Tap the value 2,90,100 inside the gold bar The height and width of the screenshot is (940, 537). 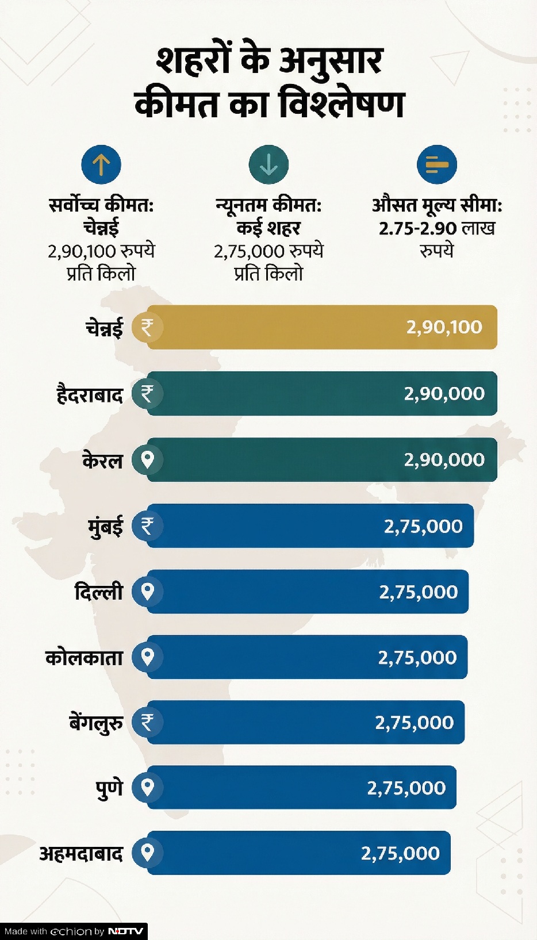tap(444, 327)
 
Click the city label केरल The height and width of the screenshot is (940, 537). tap(102, 461)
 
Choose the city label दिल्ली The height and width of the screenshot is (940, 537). tap(99, 592)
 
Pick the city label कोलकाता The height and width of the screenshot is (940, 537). tap(84, 657)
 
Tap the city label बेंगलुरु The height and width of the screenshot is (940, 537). tap(96, 723)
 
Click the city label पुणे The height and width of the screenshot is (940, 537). tap(109, 788)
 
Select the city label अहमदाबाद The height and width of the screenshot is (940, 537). tap(81, 853)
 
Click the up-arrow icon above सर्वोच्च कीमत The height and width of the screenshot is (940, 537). tap(101, 165)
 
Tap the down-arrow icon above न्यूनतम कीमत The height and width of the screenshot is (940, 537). tap(268, 165)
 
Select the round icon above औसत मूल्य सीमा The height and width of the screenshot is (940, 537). tap(437, 165)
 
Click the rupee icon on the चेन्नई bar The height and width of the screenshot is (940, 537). tap(148, 327)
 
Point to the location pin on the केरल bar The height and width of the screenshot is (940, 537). tap(148, 460)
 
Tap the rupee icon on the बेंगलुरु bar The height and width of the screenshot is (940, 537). tap(148, 722)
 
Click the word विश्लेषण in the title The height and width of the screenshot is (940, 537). tap(342, 104)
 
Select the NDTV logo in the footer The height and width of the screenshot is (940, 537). tap(125, 931)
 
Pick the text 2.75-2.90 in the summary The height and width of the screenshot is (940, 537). tap(417, 228)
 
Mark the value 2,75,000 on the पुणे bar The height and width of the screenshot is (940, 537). tap(406, 788)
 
